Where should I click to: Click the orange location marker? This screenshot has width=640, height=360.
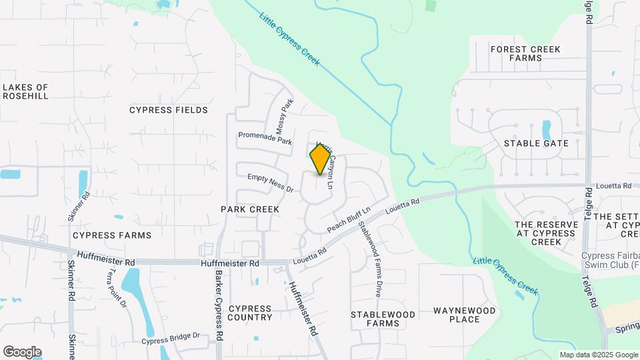click(321, 159)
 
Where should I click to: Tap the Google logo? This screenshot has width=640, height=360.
click(22, 351)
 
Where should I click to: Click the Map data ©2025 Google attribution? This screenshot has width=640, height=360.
click(599, 355)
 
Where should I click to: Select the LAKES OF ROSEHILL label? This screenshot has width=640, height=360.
click(25, 92)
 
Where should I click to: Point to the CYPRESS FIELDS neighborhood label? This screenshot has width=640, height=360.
click(169, 110)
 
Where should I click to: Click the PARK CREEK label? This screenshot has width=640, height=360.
click(249, 209)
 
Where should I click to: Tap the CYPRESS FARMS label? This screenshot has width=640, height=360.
click(112, 235)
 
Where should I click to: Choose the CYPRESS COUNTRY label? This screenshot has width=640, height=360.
click(250, 313)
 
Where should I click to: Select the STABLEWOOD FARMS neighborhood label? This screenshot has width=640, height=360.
click(383, 319)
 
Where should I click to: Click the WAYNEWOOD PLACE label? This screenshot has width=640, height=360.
click(465, 315)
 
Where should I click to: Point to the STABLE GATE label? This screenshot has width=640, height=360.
click(536, 143)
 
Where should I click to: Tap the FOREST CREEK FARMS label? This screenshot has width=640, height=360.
click(525, 54)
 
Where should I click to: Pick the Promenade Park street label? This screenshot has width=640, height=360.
click(265, 139)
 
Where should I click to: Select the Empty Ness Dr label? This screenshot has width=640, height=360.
click(270, 182)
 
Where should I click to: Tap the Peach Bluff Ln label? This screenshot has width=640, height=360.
click(348, 219)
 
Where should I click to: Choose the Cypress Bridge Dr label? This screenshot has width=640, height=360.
click(170, 339)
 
